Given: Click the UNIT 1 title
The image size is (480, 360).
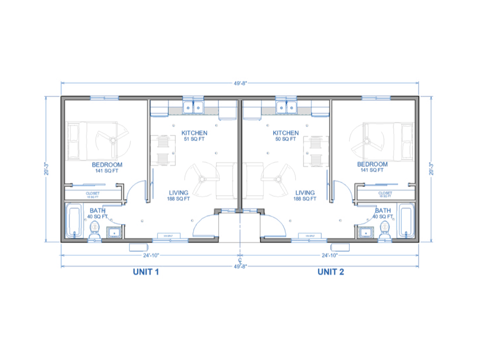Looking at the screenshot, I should [x=146, y=272].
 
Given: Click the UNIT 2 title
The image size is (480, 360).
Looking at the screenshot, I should [x=330, y=272].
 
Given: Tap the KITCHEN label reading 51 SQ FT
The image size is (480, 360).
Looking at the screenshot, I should [x=194, y=136].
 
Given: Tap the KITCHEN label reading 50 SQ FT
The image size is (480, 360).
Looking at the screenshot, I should [x=285, y=136].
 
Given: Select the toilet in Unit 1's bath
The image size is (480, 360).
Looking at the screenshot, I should [x=95, y=229].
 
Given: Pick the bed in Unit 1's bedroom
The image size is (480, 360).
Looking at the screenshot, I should [x=92, y=141].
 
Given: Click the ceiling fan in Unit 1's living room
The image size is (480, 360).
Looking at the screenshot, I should [x=202, y=179].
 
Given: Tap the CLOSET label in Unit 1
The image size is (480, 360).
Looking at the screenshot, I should [x=92, y=195].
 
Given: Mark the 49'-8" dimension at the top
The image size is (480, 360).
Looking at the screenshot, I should [x=240, y=83].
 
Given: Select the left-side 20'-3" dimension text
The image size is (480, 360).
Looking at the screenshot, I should [x=47, y=169].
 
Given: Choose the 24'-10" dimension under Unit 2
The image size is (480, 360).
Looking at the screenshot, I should [x=330, y=255].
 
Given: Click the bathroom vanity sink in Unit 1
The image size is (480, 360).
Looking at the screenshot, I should [x=114, y=232].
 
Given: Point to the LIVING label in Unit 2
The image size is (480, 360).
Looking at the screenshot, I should [x=305, y=195].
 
